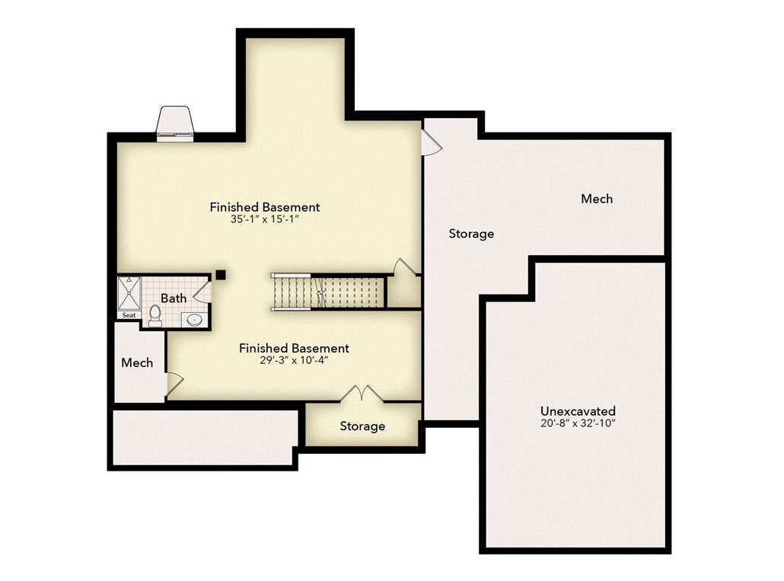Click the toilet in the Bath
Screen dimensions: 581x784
click(155, 314)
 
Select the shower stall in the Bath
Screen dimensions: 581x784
click(129, 292)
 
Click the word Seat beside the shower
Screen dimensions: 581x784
click(129, 315)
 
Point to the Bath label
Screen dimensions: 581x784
click(173, 298)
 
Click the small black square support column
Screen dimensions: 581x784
click(220, 275)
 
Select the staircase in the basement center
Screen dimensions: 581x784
click(327, 292)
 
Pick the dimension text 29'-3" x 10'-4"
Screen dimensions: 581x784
click(294, 361)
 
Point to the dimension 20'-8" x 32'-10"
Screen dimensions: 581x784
click(578, 423)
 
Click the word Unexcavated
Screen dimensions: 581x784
click(578, 410)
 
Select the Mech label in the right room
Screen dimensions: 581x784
click(596, 199)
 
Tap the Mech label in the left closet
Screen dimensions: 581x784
click(137, 363)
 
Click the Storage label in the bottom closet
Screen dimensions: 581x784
click(362, 426)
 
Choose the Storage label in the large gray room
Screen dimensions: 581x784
click(470, 234)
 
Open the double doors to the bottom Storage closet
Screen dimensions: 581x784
click(362, 394)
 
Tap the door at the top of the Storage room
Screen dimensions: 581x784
click(431, 141)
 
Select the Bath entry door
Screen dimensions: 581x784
click(202, 290)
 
